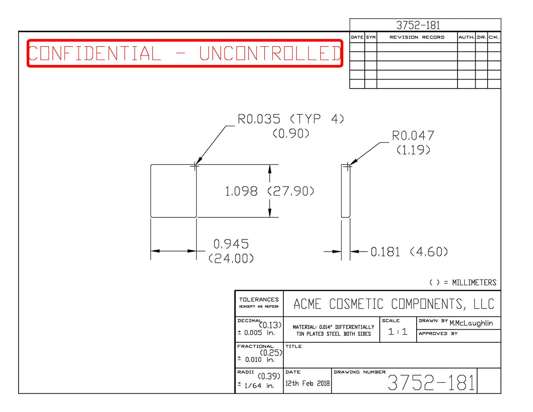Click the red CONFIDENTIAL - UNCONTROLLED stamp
[185, 53]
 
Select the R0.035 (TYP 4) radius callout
[290, 119]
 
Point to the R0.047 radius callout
[413, 136]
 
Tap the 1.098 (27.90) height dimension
[269, 191]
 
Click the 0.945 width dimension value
[231, 244]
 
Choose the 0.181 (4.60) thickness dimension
[409, 252]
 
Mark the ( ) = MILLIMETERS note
[463, 282]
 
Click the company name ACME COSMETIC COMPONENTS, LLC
[394, 304]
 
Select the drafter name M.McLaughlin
[471, 323]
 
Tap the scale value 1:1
[398, 332]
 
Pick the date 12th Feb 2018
[307, 383]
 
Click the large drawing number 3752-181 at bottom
[431, 382]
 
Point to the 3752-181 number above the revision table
[418, 25]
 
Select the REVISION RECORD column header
[417, 37]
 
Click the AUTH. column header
[466, 37]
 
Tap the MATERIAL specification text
[333, 330]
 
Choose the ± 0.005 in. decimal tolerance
[256, 333]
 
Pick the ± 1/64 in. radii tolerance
[256, 385]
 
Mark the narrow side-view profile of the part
[346, 191]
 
